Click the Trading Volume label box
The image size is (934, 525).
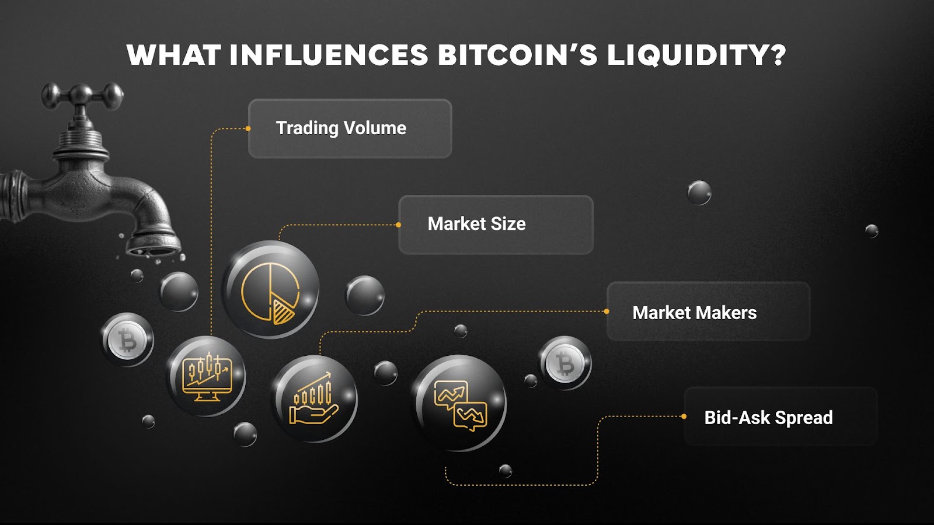click(x=350, y=128)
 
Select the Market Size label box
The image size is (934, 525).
click(x=496, y=225)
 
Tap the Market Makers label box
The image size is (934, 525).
click(x=708, y=312)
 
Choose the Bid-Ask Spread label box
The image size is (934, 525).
click(x=780, y=417)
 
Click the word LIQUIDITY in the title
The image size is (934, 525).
click(x=696, y=56)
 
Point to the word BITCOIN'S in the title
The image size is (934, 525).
click(x=517, y=56)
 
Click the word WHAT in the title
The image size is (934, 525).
click(x=173, y=56)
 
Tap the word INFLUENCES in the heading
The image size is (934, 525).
click(x=329, y=56)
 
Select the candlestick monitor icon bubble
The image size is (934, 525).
click(x=207, y=376)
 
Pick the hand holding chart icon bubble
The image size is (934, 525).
click(x=314, y=399)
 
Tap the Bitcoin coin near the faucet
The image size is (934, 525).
click(x=127, y=340)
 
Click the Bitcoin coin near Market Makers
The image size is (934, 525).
click(x=564, y=363)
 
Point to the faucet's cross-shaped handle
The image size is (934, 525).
click(x=82, y=96)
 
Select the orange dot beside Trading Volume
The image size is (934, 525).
click(x=248, y=128)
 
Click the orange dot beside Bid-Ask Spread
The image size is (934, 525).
click(x=684, y=416)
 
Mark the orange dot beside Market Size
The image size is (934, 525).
click(x=398, y=225)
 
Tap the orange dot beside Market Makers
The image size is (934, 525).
click(x=607, y=311)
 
